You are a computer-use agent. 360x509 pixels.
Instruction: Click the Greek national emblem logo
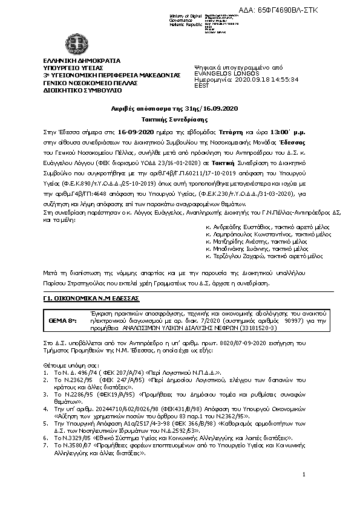77,44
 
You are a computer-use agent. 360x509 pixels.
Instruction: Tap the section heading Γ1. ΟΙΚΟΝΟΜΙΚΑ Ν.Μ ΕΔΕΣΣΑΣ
91,299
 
